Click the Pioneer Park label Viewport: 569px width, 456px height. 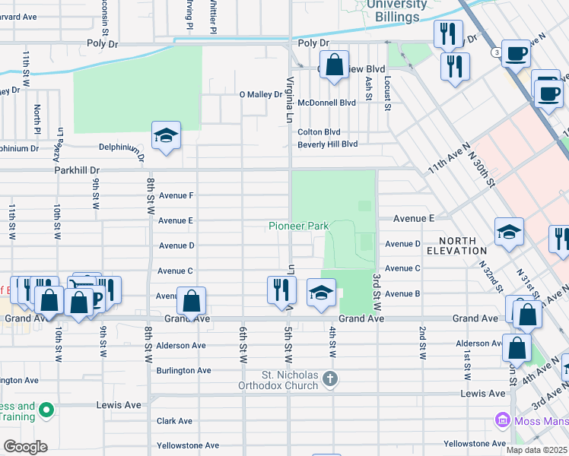pos(298,226)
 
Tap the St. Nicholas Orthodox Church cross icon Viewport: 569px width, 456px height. pos(329,378)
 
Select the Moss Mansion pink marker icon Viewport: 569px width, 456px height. pos(501,420)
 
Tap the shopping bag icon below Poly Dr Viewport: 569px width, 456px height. pos(334,65)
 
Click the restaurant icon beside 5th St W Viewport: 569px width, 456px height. pos(281,289)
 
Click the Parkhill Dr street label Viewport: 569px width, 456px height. pos(77,171)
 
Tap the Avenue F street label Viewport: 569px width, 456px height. pos(176,195)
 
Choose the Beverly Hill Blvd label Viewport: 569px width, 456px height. pos(327,144)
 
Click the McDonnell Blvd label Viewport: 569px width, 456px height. pos(326,103)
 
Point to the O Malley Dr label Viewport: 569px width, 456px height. pos(261,95)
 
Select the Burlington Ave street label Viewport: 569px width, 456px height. pos(183,370)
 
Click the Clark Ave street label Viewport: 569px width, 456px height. pos(174,420)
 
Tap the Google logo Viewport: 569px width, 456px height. pos(25,447)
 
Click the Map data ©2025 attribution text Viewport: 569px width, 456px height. pos(536,450)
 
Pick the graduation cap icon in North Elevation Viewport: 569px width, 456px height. pos(509,233)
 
